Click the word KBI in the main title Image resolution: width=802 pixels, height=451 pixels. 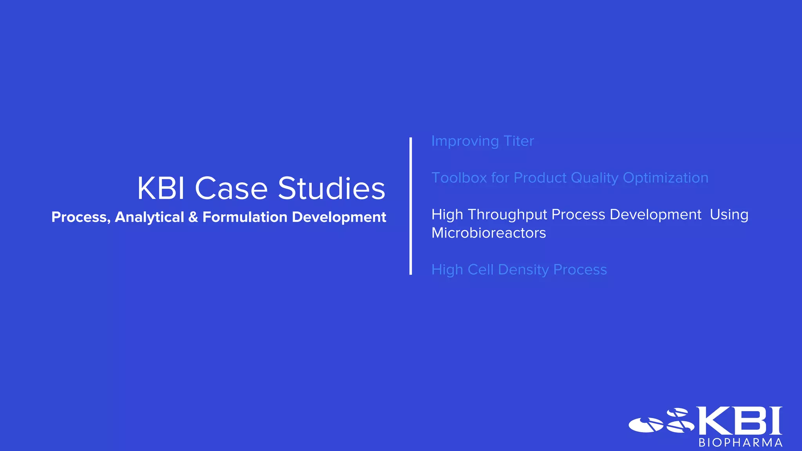click(161, 189)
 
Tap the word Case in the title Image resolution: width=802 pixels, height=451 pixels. click(231, 189)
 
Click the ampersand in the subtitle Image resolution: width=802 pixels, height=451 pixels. click(193, 217)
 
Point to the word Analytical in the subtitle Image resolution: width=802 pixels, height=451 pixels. click(149, 217)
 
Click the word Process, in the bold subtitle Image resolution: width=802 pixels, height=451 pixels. click(81, 217)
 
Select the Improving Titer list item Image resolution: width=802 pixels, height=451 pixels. click(482, 141)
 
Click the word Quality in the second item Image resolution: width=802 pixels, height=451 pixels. click(594, 178)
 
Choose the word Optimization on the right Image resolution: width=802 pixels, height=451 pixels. click(665, 178)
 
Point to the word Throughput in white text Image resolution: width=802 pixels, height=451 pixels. click(507, 215)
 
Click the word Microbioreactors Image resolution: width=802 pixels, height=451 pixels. click(488, 233)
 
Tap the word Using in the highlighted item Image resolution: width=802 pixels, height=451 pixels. click(729, 215)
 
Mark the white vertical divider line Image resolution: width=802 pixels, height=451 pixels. click(410, 206)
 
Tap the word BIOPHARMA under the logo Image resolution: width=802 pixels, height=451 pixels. click(741, 443)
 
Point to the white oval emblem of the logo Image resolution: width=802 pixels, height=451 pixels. click(646, 425)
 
